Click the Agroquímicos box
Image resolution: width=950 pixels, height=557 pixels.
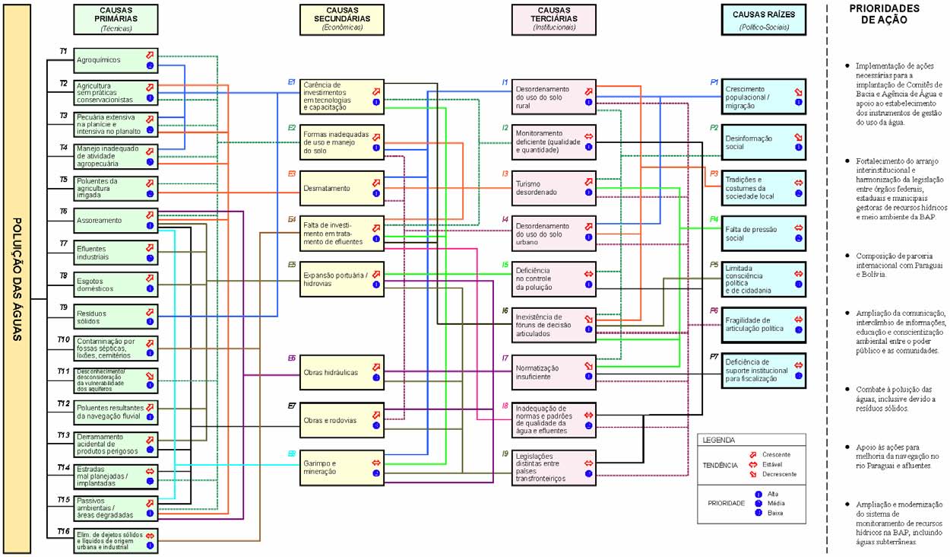click(x=116, y=59)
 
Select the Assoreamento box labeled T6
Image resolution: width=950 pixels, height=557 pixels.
click(x=116, y=221)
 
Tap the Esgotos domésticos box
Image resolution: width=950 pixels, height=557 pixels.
click(x=116, y=285)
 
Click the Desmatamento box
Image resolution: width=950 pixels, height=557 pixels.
click(x=341, y=188)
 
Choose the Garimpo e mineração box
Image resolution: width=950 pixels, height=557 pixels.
click(x=341, y=467)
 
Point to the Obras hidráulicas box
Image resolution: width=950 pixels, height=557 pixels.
click(x=341, y=373)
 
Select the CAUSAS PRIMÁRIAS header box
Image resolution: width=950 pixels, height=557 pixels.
click(x=116, y=19)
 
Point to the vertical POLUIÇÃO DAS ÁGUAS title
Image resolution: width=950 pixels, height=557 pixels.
click(x=16, y=278)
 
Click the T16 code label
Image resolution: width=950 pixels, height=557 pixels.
click(x=63, y=531)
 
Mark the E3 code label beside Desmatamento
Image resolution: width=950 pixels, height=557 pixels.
click(x=292, y=174)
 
